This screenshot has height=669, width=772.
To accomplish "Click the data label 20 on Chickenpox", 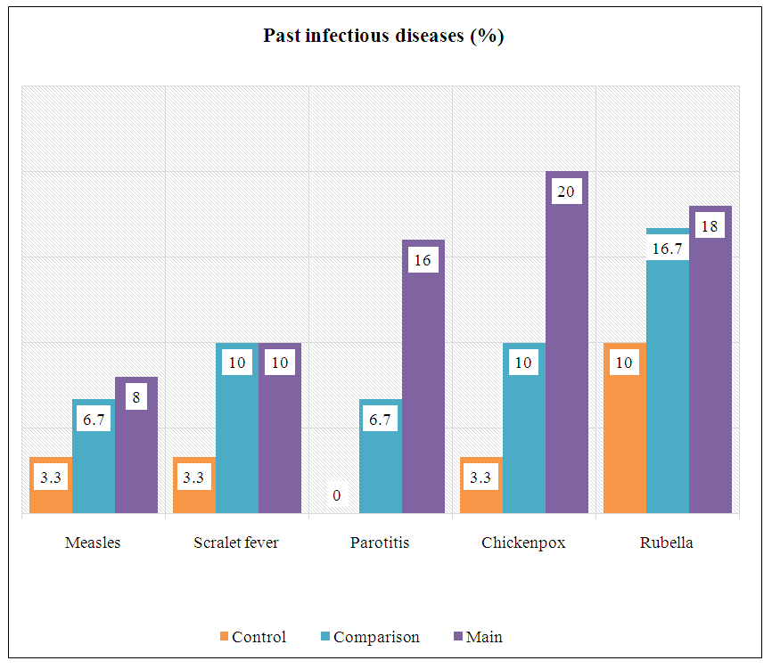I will tap(566, 192).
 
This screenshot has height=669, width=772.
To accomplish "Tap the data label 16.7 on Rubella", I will tap(668, 248).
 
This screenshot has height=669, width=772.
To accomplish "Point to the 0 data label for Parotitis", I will tap(337, 495).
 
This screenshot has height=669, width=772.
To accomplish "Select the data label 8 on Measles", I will tap(136, 397).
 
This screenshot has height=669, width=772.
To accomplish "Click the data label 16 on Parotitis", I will tap(423, 260).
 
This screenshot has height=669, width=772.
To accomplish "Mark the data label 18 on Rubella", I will tap(710, 226).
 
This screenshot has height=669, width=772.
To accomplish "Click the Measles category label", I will tap(93, 543).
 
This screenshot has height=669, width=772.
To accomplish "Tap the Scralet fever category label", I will tap(236, 543).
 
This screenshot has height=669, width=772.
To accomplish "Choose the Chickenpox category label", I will tap(523, 543).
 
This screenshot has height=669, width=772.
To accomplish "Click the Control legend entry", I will tap(259, 637).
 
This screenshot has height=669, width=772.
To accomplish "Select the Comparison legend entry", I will tap(374, 637).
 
